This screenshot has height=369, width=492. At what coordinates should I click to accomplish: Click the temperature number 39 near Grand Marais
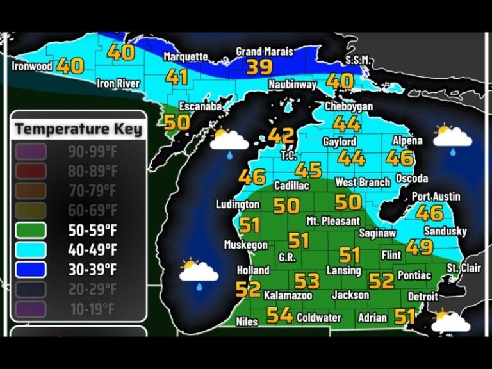tap(259, 67)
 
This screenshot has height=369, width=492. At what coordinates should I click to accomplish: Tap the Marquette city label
tap(186, 57)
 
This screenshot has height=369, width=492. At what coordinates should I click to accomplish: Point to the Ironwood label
tap(32, 66)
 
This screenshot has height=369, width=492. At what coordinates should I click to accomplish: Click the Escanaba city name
tap(201, 106)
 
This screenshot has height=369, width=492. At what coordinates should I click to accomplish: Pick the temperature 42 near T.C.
tap(281, 136)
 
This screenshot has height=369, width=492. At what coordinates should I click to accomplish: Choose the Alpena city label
tap(407, 141)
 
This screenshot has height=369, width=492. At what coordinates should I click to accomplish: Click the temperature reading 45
tap(309, 170)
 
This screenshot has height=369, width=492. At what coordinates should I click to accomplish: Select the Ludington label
tap(238, 205)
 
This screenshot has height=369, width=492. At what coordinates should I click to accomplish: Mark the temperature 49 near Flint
tap(419, 247)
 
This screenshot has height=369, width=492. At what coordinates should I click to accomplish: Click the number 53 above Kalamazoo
tap(307, 281)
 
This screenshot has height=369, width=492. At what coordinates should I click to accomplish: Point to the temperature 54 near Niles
tap(280, 315)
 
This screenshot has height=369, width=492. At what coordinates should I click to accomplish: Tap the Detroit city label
tap(423, 297)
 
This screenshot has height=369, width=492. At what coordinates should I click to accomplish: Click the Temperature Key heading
tap(78, 129)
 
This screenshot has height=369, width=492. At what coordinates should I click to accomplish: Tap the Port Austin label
tap(436, 196)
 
